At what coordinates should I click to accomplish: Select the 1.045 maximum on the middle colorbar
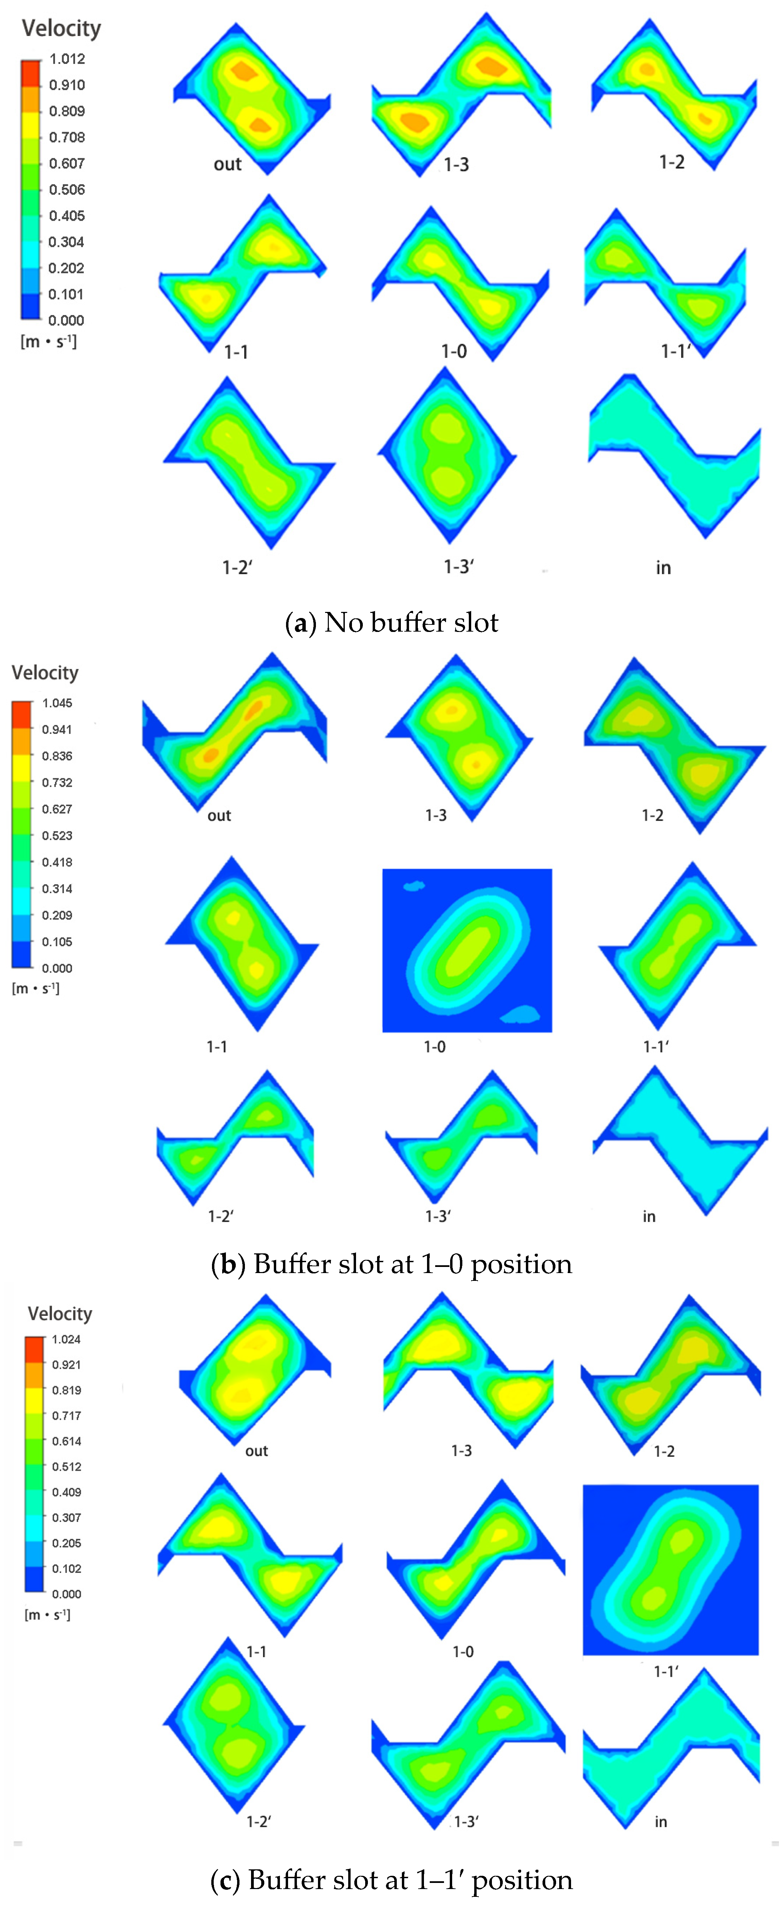(x=57, y=703)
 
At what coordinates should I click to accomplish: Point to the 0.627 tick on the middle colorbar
(x=57, y=809)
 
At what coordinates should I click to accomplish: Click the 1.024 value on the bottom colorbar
(x=66, y=1339)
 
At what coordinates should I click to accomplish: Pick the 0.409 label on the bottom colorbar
(x=66, y=1492)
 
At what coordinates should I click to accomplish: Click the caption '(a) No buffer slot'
(x=391, y=623)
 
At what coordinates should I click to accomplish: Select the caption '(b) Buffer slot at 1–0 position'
(x=391, y=1264)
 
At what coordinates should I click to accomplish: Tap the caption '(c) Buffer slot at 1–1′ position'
(x=391, y=1879)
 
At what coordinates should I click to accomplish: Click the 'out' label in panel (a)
(x=227, y=164)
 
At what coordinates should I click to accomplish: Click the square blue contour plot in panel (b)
(x=467, y=950)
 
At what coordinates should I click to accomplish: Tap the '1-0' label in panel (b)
(x=434, y=1047)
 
